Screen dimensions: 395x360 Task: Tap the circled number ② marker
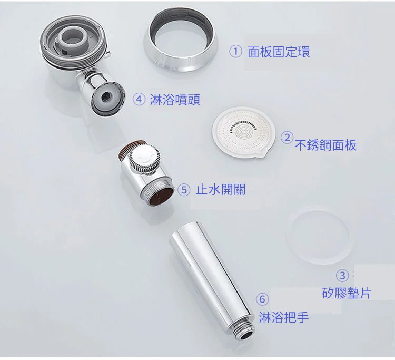coord(287,138)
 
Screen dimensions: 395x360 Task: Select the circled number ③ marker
coord(342,276)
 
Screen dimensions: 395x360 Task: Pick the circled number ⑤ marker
coord(184,190)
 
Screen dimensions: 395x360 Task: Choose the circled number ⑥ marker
coord(262,299)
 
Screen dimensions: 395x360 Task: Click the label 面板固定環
coord(279,52)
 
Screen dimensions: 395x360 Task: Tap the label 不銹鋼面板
coord(325,145)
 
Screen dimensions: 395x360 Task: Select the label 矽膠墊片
coord(347,293)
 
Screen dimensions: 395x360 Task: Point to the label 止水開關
coord(221,189)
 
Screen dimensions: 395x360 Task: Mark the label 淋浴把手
coord(284,317)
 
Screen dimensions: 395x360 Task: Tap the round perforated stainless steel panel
coord(242,133)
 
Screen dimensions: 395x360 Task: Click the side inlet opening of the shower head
coord(107,97)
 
